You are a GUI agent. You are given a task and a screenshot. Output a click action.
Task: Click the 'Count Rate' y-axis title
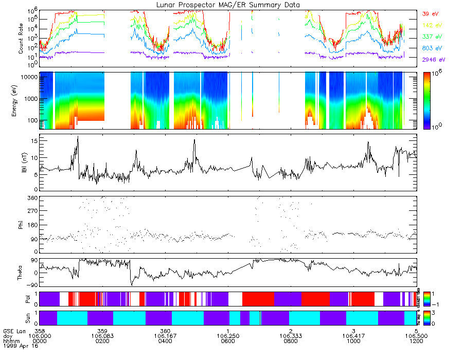click(x=21, y=40)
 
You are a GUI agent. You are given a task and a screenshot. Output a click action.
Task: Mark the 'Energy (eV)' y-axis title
click(x=21, y=100)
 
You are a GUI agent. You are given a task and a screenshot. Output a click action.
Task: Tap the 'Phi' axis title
click(x=21, y=225)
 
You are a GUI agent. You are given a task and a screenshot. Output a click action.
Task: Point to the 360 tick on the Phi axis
click(x=31, y=198)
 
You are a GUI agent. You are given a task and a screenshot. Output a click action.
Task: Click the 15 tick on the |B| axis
click(x=33, y=140)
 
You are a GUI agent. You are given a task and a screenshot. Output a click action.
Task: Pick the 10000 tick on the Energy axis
click(x=28, y=77)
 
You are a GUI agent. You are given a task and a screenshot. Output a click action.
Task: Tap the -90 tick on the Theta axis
click(x=31, y=285)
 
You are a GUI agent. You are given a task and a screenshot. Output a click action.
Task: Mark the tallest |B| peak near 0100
click(x=78, y=136)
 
